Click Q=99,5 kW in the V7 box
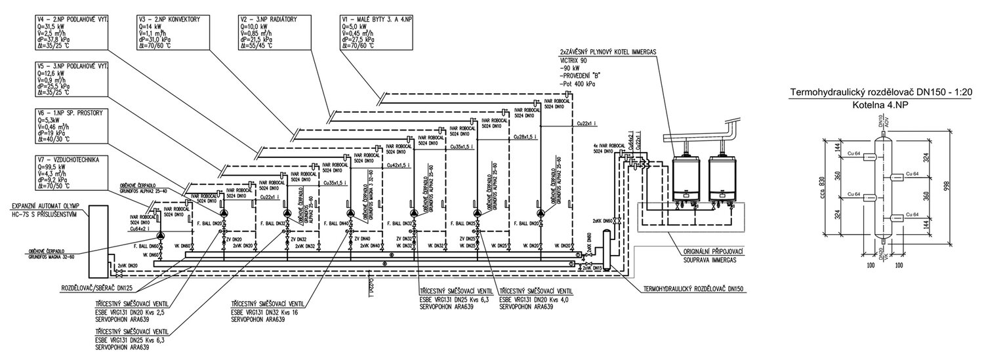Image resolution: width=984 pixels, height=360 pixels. click(x=58, y=167)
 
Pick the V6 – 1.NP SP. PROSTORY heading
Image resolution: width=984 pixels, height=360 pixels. click(x=72, y=113)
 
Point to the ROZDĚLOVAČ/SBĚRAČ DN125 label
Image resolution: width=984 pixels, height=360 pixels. click(x=96, y=287)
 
